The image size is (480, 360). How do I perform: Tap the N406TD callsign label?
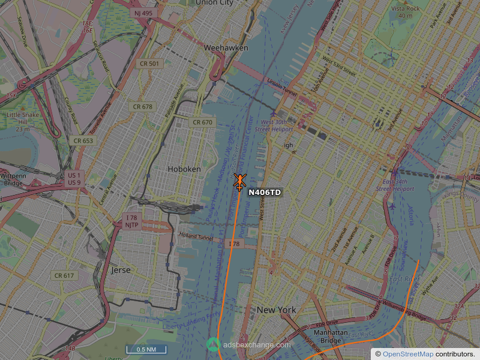pos(264,192)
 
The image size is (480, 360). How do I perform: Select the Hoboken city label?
pos(184,169)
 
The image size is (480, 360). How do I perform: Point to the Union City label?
pos(214,3)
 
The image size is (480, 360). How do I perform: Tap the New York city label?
pos(276,310)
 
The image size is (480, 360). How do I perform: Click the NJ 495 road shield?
pos(143,13)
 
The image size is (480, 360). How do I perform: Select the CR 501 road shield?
pos(149,64)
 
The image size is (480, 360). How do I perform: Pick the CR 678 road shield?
pos(142,107)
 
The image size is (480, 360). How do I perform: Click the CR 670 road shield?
pos(202,122)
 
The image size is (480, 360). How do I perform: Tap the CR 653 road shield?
pos(83,140)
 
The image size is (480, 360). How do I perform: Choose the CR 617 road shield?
pos(64,275)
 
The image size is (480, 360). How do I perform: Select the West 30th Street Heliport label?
pos(274,125)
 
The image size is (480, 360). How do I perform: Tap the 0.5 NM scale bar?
pos(146,349)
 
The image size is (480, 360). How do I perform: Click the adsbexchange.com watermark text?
pos(256,345)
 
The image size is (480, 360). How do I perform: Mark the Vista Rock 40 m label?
pos(405,12)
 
